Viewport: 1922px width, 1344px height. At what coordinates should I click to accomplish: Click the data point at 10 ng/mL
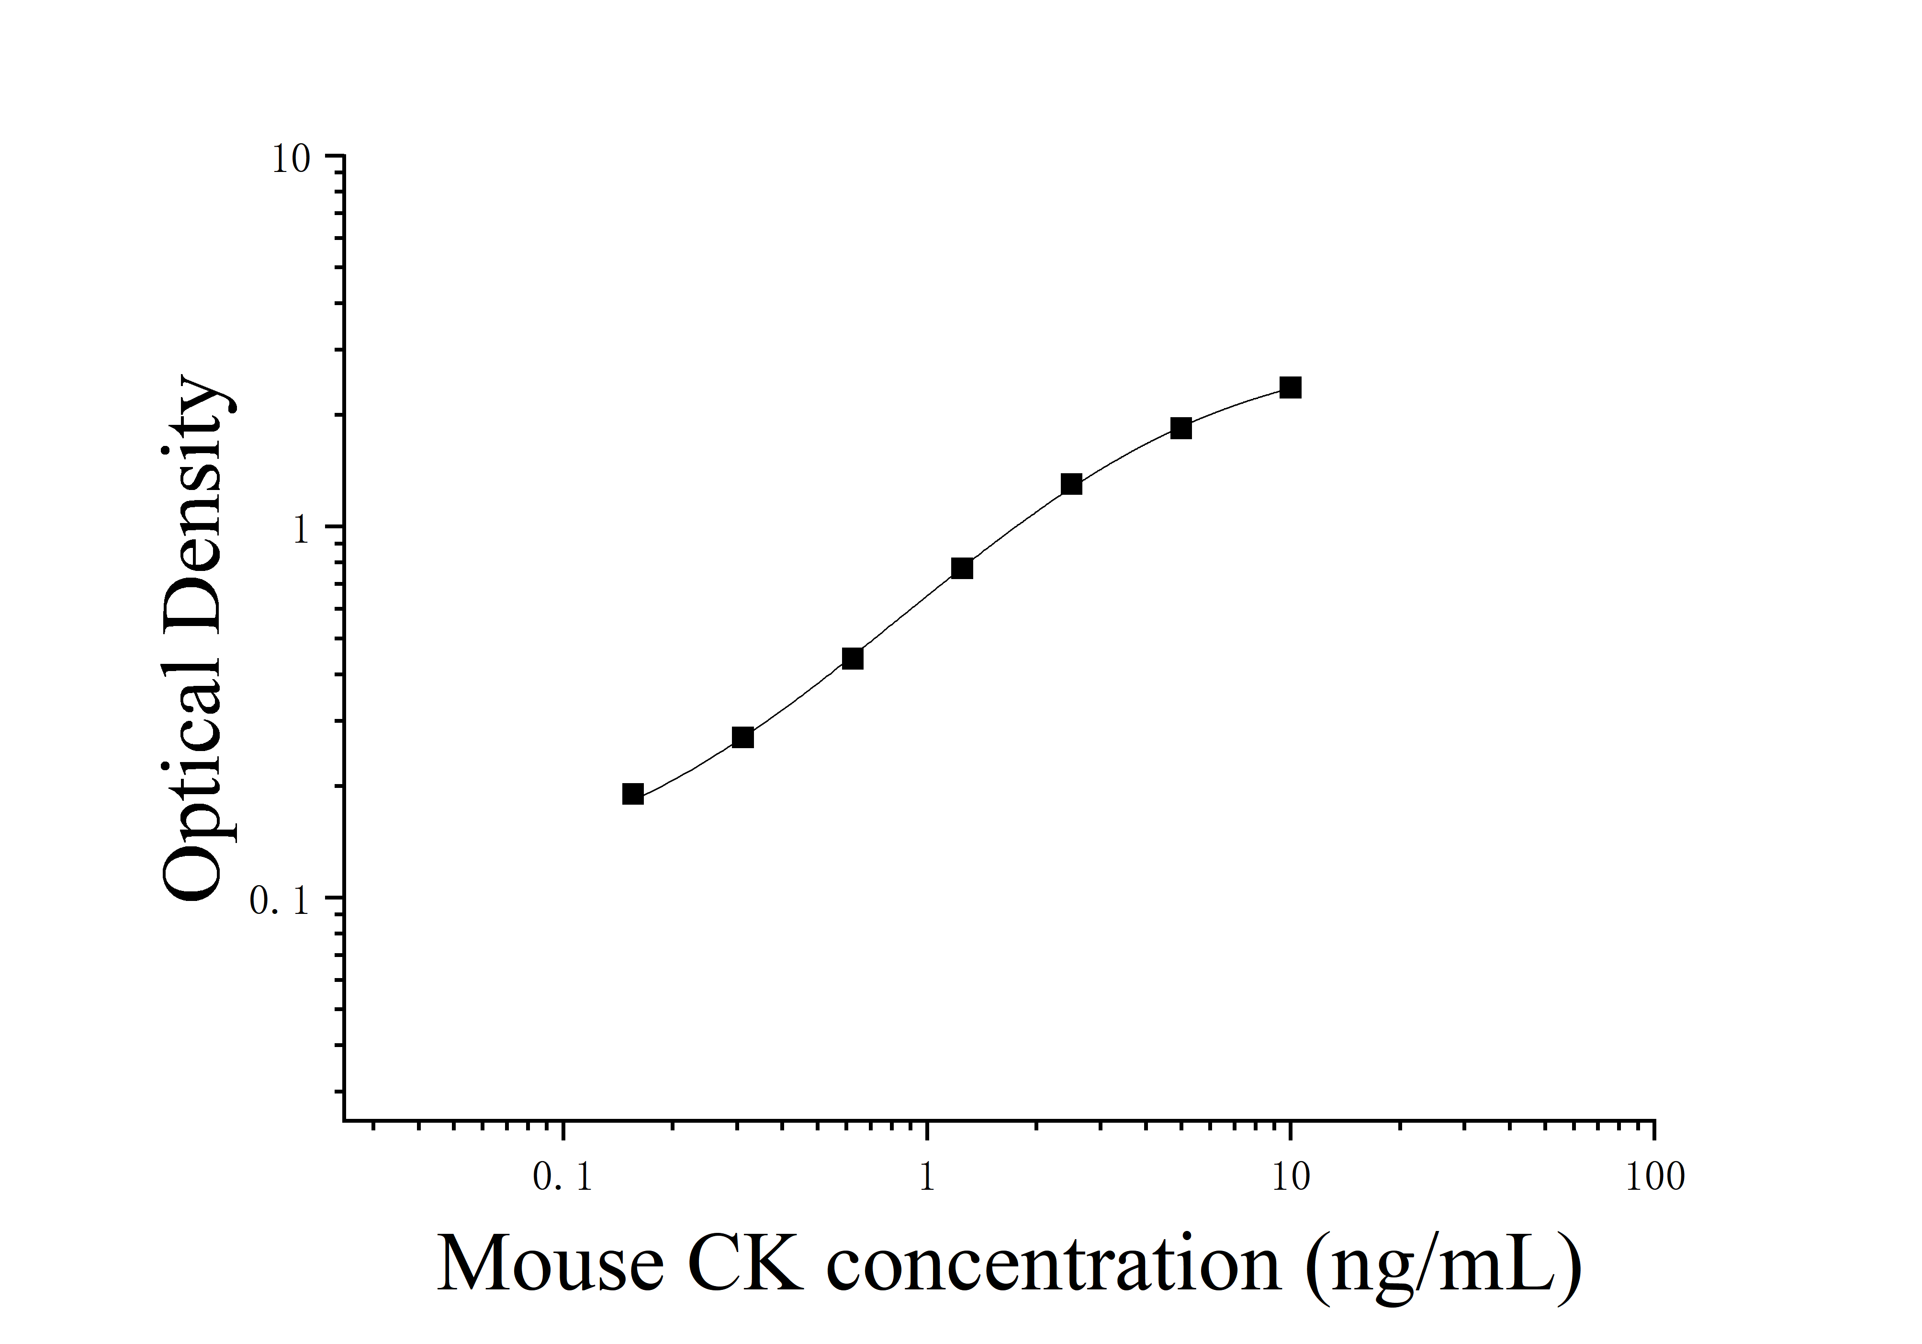[x=1290, y=387]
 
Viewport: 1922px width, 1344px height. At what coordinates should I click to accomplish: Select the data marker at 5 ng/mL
[x=1180, y=428]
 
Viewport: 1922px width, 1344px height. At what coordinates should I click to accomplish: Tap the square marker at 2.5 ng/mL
[x=1071, y=484]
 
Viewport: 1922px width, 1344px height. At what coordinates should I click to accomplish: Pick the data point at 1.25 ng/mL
[x=962, y=569]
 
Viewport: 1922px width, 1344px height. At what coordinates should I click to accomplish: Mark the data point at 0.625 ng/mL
[x=852, y=658]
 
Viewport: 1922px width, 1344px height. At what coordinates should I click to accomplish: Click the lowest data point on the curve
[x=633, y=794]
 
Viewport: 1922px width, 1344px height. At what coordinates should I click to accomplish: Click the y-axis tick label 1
[x=302, y=529]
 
